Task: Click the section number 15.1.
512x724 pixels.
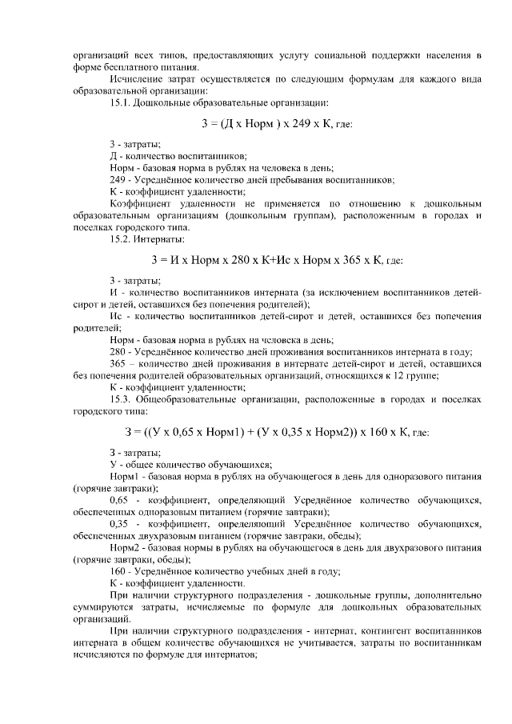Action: point(120,103)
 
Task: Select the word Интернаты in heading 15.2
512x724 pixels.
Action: point(162,239)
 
